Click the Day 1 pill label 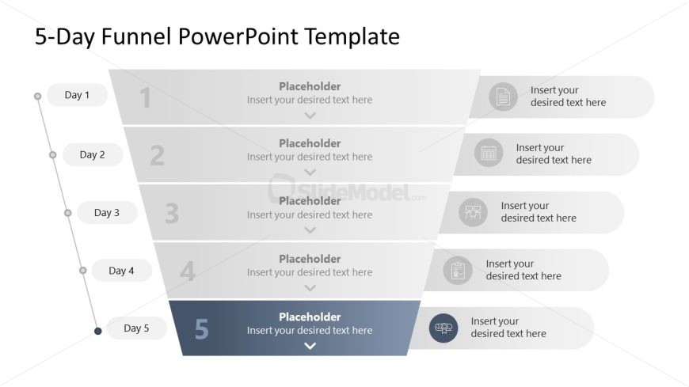click(78, 95)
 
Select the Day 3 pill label click(107, 213)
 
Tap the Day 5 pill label click(137, 328)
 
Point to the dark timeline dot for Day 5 click(98, 332)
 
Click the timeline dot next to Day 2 click(53, 154)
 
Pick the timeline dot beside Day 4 click(83, 271)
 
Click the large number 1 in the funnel click(146, 97)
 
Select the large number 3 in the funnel click(172, 214)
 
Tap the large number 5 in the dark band click(202, 329)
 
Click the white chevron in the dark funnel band click(310, 346)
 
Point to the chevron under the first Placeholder click(310, 116)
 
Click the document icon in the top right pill click(503, 97)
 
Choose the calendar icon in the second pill click(489, 153)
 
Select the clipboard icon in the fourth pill click(458, 270)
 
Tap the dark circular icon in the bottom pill click(443, 328)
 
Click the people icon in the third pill click(474, 212)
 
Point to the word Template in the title click(352, 37)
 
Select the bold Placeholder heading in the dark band click(310, 317)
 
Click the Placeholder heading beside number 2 click(310, 143)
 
